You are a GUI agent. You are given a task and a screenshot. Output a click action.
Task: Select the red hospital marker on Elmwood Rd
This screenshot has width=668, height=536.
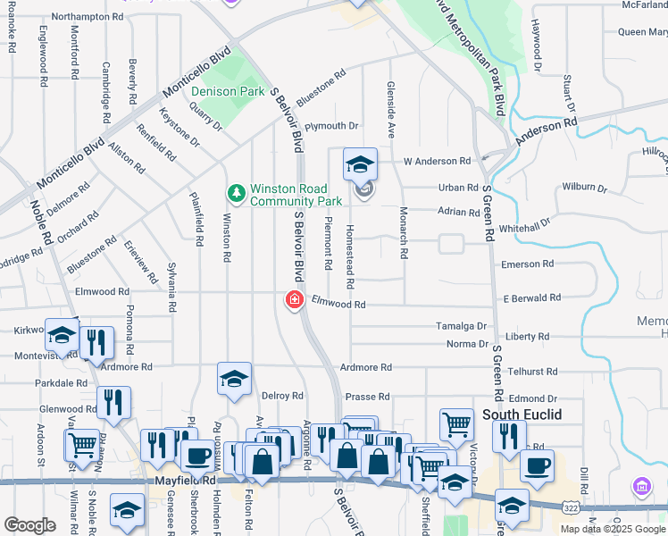tap(294, 300)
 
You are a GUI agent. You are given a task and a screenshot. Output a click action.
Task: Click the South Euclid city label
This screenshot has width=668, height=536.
tap(521, 415)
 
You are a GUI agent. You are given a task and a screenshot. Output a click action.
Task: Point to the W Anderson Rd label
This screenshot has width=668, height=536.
tap(437, 162)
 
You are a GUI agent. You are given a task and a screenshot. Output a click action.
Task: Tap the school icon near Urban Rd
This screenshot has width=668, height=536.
tap(361, 164)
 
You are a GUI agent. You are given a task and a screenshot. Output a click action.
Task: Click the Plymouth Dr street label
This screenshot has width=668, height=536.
tap(331, 127)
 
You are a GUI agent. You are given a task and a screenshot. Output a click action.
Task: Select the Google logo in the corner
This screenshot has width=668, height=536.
tap(29, 525)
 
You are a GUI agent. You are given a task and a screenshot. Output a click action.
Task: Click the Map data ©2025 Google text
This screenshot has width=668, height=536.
tap(614, 529)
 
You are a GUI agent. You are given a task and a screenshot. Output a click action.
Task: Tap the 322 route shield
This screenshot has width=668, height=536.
tap(568, 507)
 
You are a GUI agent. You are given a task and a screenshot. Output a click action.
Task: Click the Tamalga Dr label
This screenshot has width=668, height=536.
tap(461, 327)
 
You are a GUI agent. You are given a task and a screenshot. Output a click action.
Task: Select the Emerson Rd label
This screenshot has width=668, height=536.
tap(528, 264)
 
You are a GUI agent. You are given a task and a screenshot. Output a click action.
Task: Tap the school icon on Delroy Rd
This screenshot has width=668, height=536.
tap(234, 379)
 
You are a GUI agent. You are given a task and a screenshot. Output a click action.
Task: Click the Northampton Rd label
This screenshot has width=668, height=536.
tap(88, 17)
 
